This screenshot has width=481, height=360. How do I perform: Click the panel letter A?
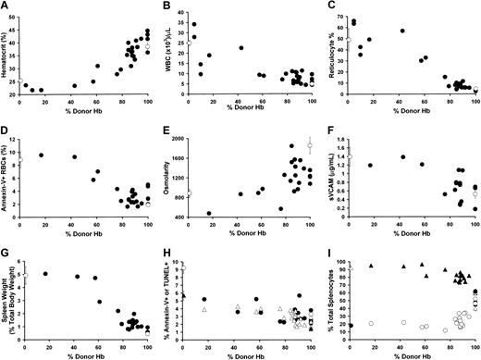(6, 7)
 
